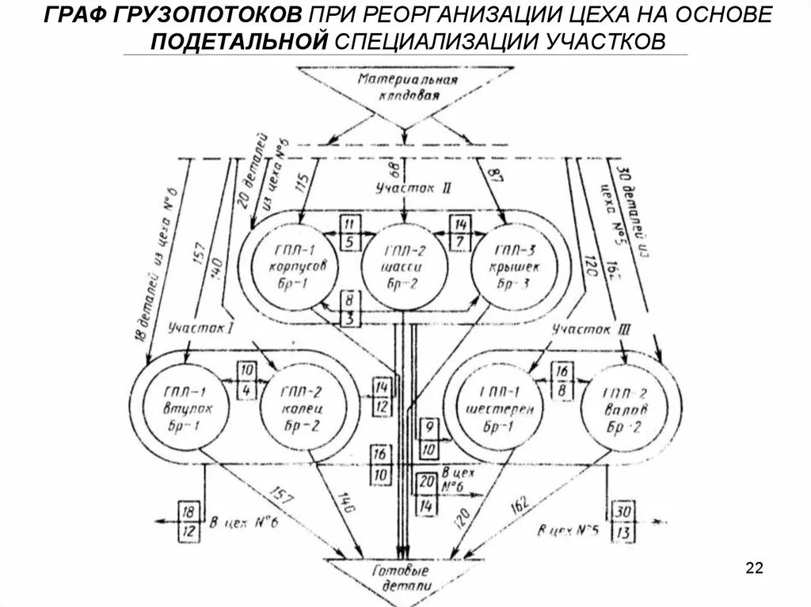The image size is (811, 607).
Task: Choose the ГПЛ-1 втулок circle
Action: [185, 405]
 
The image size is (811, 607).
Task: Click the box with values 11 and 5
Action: [349, 233]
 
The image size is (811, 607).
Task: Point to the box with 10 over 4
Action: [246, 381]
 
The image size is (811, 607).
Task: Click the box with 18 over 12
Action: [188, 521]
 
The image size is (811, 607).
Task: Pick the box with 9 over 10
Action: [429, 438]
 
